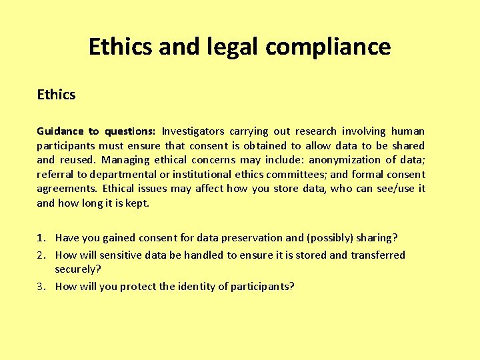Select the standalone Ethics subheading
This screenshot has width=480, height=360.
[x=56, y=95]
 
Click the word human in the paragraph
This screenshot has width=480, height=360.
[x=407, y=131]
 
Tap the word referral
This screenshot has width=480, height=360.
[x=55, y=175]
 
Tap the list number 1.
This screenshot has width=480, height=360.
[x=41, y=238]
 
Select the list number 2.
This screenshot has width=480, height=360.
[x=41, y=255]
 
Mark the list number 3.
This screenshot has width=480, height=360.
[x=41, y=287]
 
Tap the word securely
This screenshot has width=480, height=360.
[x=77, y=269]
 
